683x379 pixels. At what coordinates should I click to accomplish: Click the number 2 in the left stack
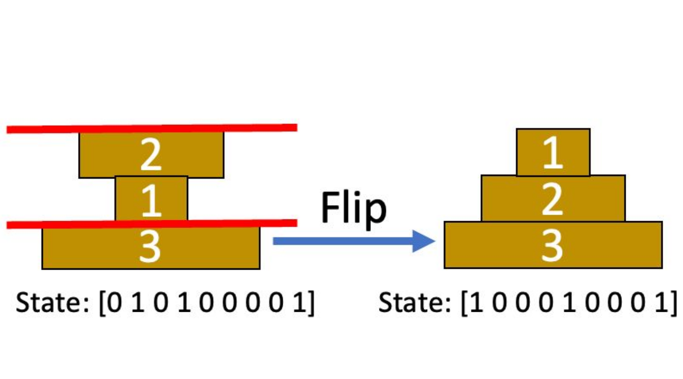(151, 155)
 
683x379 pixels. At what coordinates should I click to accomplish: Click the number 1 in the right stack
(552, 153)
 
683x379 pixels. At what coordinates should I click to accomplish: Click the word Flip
(353, 209)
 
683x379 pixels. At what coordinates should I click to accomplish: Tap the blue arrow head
(422, 241)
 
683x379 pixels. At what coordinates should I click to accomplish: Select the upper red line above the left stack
(152, 128)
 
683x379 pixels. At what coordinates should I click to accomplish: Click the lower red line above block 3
(152, 224)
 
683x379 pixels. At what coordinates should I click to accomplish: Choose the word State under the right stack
(415, 302)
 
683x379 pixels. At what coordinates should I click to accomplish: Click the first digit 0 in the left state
(114, 303)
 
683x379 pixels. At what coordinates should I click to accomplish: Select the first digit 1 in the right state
(476, 303)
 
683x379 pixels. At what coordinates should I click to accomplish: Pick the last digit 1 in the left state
(300, 303)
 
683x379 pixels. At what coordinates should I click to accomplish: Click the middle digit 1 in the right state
(569, 303)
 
